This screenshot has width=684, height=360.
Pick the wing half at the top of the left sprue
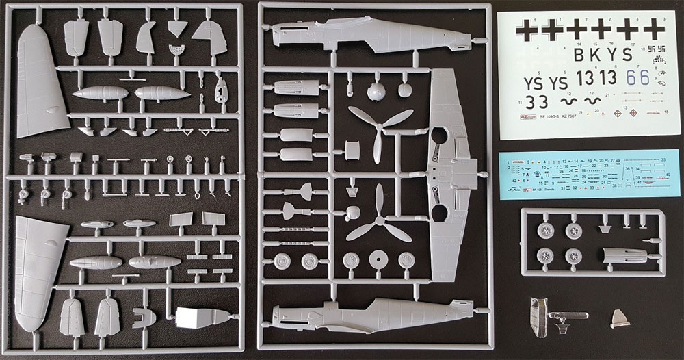pos(41,75)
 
